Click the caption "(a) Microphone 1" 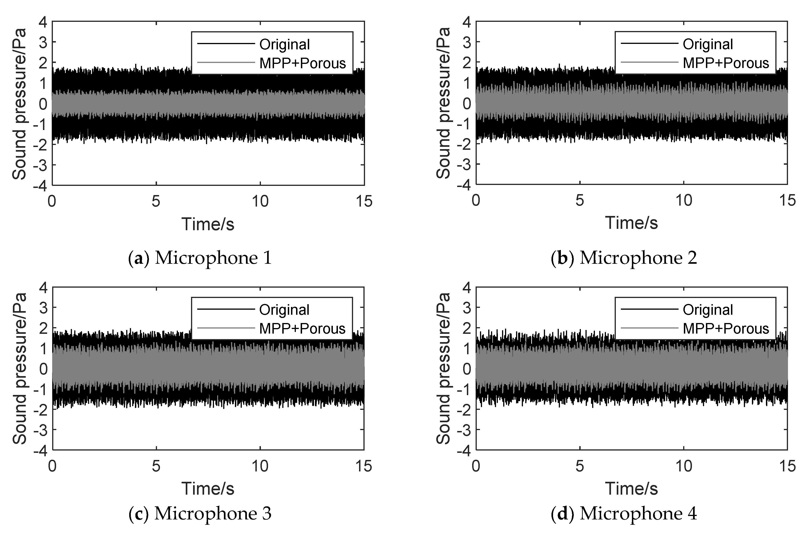200,258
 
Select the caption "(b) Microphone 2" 624,258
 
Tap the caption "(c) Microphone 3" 200,513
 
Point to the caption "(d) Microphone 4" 624,513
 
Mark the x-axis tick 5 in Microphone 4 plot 579,466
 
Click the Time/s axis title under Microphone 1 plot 208,224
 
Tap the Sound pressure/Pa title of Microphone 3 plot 19,369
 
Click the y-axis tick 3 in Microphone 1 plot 43,42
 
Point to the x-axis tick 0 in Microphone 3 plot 52,466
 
